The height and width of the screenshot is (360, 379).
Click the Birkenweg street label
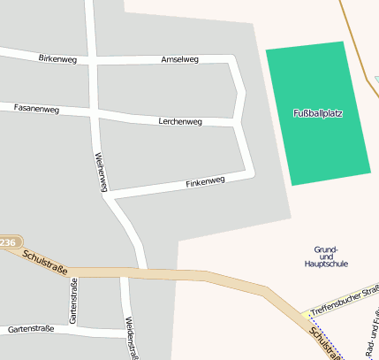coord(58,58)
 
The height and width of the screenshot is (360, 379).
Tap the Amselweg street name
coord(180,59)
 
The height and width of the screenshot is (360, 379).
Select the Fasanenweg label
coord(36,109)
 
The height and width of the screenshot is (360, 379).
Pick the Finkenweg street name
coord(205,182)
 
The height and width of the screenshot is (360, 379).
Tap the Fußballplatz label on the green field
coord(317,113)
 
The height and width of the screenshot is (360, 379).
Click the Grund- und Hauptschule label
coord(325,257)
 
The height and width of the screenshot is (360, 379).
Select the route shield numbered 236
coord(8,241)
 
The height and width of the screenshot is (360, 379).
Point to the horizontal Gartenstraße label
coord(31,329)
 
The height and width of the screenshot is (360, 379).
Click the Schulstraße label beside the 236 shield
coord(46,257)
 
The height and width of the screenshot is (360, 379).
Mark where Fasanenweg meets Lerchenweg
coord(94,111)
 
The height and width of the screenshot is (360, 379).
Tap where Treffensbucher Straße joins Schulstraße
coord(300,316)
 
